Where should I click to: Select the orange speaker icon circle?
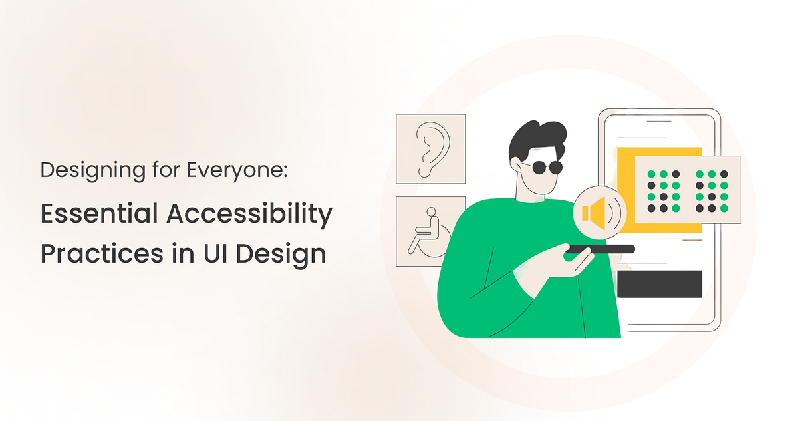[597, 212]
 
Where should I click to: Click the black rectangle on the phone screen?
[659, 284]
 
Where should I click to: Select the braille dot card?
[686, 190]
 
